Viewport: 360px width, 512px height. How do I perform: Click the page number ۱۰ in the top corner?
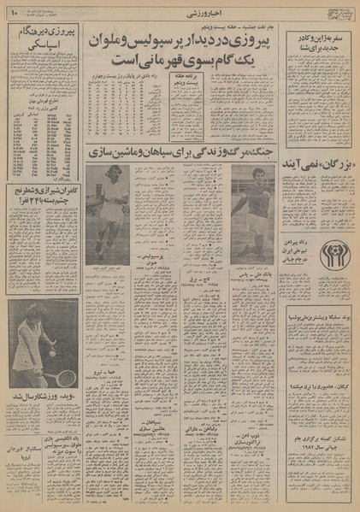(x=15, y=13)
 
